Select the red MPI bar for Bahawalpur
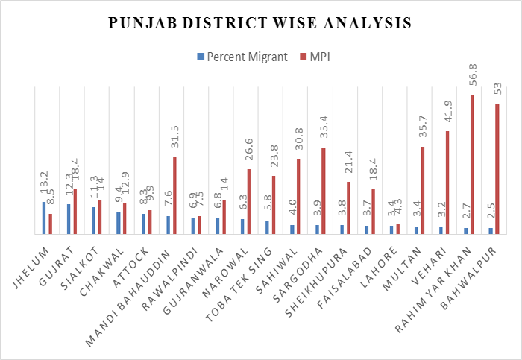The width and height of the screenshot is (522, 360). (497, 168)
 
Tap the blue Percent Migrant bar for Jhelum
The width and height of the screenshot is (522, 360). (45, 218)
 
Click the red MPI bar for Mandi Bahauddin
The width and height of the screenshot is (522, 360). (174, 195)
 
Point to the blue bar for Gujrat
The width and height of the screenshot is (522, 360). (69, 218)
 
